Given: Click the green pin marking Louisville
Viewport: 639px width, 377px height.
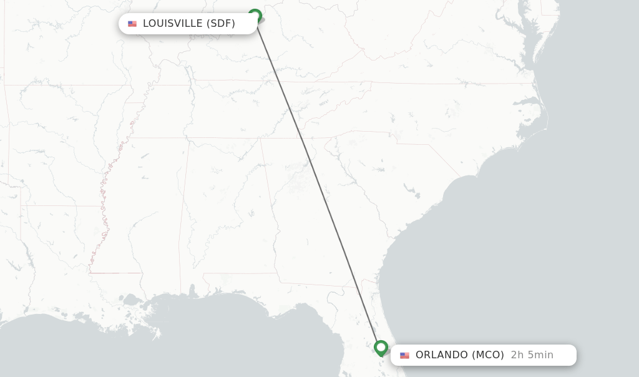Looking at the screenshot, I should point(255,16).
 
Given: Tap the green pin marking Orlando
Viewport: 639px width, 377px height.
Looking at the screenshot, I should point(381,347).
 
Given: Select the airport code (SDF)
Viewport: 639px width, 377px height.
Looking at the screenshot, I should point(221,24).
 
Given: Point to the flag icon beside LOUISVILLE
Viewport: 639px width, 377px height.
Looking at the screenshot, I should point(132,24).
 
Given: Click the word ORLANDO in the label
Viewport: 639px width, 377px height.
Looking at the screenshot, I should point(442,355).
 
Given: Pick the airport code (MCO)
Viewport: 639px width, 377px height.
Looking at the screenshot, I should point(487,355).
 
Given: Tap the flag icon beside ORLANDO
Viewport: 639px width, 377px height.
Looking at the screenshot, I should point(405,355).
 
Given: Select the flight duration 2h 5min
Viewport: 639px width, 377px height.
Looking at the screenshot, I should point(532,355).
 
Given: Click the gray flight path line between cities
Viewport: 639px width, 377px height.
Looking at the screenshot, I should point(318,181).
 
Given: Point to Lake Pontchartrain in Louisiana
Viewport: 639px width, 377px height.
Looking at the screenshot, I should point(132,301).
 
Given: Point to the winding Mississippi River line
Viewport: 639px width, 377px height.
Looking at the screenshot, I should point(105,206).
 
